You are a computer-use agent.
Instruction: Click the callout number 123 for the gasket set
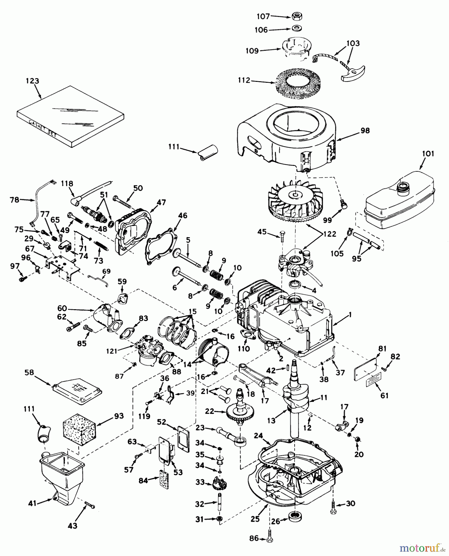pos(32,81)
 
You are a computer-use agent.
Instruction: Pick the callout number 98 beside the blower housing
pos(365,131)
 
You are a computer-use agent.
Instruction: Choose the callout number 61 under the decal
pos(384,396)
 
